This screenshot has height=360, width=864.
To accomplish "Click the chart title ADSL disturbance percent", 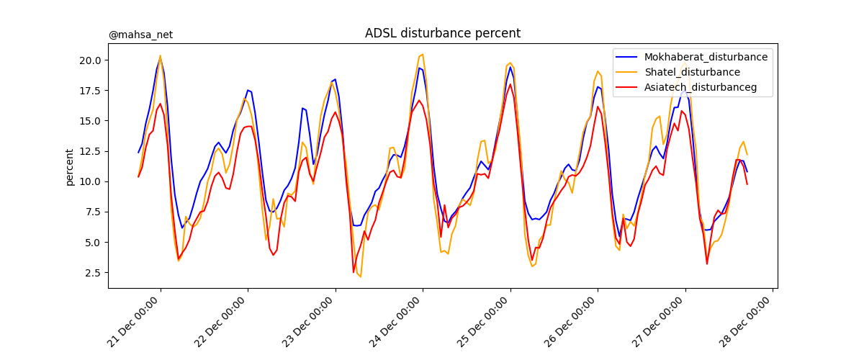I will click(x=442, y=33).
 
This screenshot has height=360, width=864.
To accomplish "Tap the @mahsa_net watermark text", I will click(x=140, y=35).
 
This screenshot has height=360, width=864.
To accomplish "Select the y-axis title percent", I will click(x=70, y=167).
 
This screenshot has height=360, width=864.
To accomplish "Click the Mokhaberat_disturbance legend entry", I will click(x=706, y=57).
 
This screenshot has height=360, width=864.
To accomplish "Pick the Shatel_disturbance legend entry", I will click(x=692, y=72).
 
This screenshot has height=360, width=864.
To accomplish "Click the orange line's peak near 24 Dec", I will click(x=423, y=54).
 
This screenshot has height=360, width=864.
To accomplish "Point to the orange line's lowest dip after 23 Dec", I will click(x=361, y=276).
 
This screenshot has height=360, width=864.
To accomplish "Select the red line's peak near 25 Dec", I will click(x=510, y=84).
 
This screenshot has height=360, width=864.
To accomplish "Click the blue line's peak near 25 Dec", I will click(x=510, y=67).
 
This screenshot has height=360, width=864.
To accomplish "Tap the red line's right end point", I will click(x=747, y=184).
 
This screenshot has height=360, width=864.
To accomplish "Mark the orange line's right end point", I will click(x=747, y=155).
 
